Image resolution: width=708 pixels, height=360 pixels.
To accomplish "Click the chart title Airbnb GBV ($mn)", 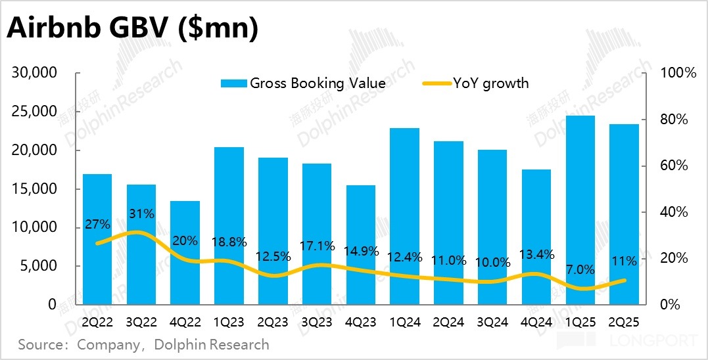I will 131,29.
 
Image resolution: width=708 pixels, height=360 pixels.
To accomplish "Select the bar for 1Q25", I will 580,210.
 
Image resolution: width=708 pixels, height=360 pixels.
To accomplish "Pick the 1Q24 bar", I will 404,217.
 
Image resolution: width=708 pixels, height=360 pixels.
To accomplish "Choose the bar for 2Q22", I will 97,240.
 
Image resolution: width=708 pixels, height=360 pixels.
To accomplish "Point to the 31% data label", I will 141,214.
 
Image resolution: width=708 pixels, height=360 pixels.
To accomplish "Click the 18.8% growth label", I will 229,242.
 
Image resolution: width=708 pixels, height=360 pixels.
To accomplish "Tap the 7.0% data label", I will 579,269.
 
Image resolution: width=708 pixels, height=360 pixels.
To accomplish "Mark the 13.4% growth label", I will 536,254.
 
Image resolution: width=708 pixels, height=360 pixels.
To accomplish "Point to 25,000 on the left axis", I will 35,112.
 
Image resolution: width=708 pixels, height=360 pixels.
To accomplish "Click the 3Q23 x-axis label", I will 316,323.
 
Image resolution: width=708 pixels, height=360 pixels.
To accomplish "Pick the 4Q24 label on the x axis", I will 536,323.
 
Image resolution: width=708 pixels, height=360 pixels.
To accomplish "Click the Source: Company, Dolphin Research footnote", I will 143,344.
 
